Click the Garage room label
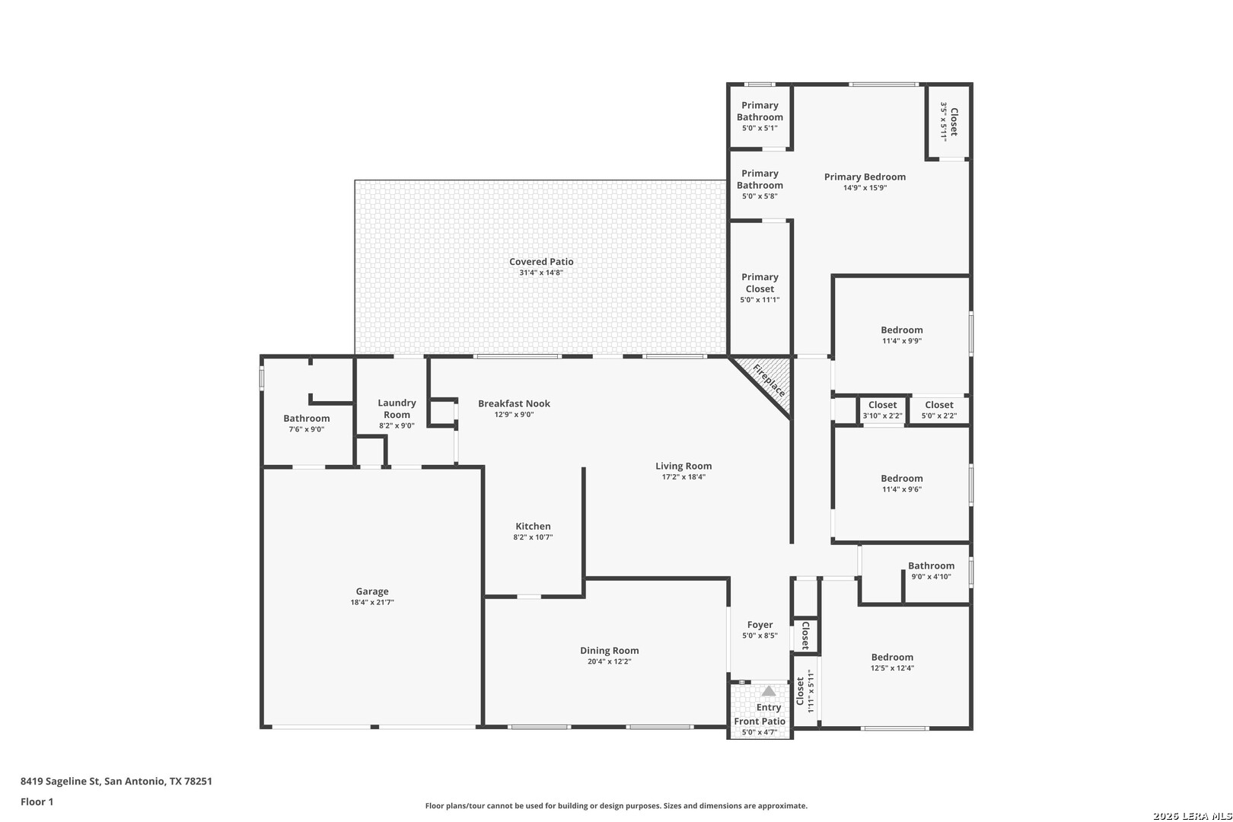pos(372,591)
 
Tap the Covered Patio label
pos(541,262)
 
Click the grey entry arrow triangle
pos(769,691)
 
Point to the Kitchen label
pos(533,527)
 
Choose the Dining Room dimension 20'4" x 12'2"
pos(610,661)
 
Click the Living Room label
pos(683,466)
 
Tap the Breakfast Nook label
pos(514,403)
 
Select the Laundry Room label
pos(397,409)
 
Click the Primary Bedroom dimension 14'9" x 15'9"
pos(865,188)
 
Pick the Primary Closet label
pos(760,283)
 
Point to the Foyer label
pos(760,624)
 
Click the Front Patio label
pos(760,722)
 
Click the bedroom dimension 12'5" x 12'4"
pos(892,667)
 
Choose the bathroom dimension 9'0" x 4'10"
pos(932,576)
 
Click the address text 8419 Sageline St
pos(60,781)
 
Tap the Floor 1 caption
pos(37,801)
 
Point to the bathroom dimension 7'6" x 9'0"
pos(307,429)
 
